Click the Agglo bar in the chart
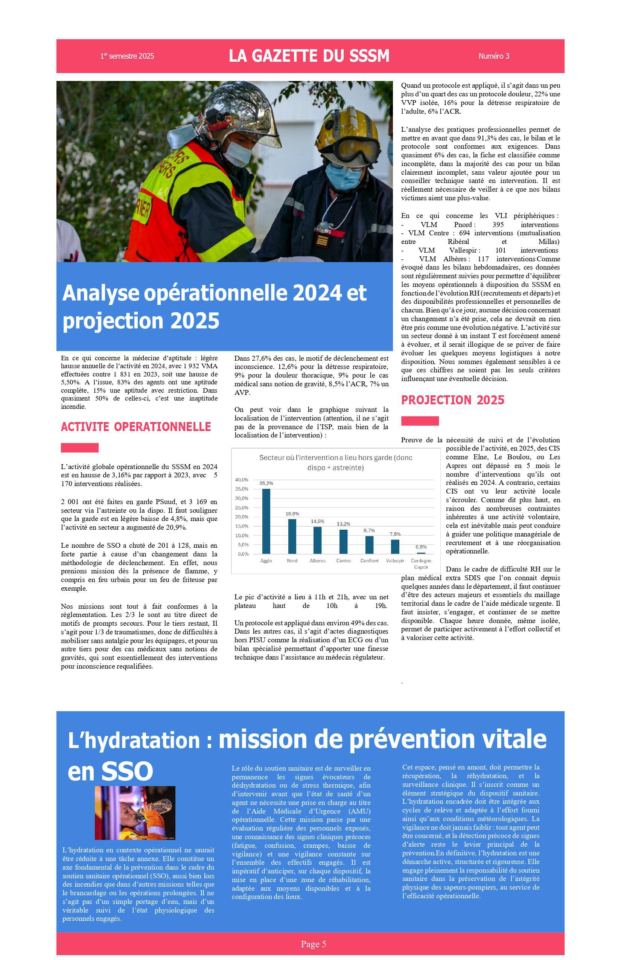click(x=266, y=521)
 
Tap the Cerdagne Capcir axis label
click(x=421, y=564)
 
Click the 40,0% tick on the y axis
click(x=242, y=480)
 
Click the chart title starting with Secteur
click(x=335, y=463)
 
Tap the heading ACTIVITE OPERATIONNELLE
click(x=136, y=427)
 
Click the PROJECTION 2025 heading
click(x=452, y=400)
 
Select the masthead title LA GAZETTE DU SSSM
click(x=309, y=56)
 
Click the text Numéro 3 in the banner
click(x=493, y=56)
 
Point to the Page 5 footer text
click(x=313, y=944)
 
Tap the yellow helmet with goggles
click(x=347, y=129)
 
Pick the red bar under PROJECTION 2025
click(x=420, y=421)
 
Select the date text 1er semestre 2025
click(x=127, y=56)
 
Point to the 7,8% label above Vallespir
click(x=395, y=534)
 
